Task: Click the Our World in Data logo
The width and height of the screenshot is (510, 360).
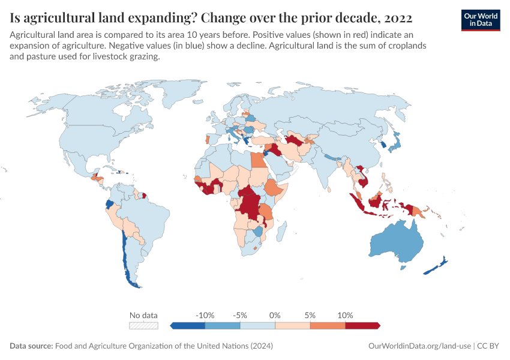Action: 480,19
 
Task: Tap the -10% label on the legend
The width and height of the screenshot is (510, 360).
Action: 205,315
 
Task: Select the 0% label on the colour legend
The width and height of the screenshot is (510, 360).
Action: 275,315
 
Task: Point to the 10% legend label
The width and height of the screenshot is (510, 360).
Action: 345,315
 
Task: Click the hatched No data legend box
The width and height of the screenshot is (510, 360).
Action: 144,326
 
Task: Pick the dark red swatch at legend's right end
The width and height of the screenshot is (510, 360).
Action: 362,326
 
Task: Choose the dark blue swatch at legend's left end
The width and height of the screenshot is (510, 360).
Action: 188,326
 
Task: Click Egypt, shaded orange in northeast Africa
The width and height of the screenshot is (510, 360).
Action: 256,161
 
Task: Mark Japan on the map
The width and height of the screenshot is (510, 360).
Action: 395,142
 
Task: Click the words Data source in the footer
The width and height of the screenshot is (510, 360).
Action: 31,346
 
